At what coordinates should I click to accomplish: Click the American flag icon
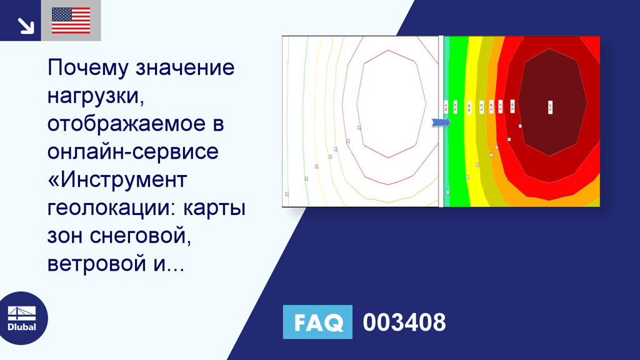pos(71,21)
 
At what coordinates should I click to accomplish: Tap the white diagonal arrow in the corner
pos(26,25)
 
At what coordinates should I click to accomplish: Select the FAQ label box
pos(317,322)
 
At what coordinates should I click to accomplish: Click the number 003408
pos(404,322)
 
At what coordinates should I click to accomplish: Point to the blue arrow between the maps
pos(441,122)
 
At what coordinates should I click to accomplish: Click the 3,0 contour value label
pos(550,107)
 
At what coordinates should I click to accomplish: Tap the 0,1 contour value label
pos(446,107)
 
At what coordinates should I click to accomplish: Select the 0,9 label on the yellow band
pos(469,107)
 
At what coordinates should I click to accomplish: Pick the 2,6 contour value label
pos(512,107)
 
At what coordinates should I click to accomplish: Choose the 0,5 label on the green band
pos(455,107)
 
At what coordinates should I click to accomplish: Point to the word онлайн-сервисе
pos(132,152)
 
